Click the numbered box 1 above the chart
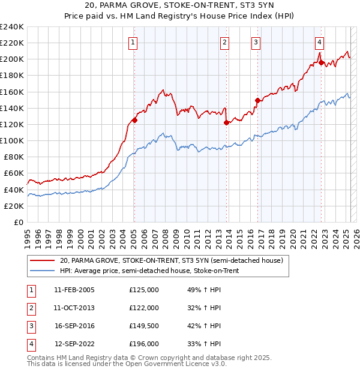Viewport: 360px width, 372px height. [x=132, y=42]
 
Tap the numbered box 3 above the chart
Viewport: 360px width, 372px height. [x=256, y=42]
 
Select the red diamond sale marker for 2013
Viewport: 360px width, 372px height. [x=226, y=122]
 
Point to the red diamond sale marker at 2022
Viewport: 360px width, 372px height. [x=321, y=62]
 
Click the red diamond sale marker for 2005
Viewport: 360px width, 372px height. [x=134, y=120]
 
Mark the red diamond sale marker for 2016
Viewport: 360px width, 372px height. [x=257, y=100]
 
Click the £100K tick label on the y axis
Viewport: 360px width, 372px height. [x=12, y=140]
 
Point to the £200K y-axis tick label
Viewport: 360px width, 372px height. [x=12, y=59]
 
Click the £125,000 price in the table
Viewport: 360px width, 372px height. [x=144, y=290]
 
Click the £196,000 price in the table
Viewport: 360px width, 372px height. [x=144, y=344]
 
